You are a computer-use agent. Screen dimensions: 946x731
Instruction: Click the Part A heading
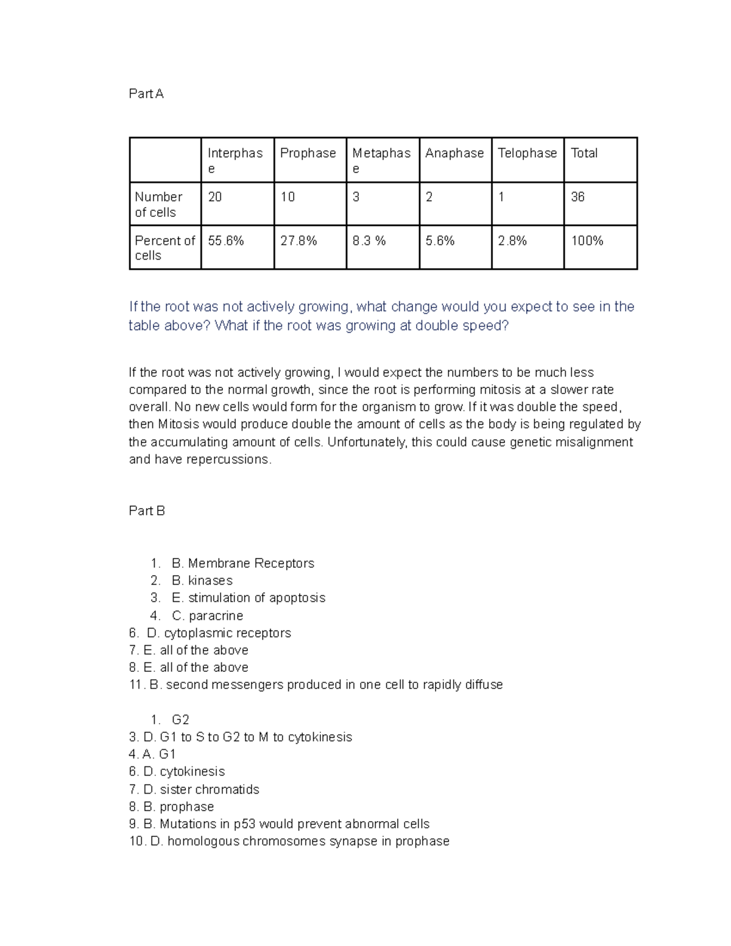(x=146, y=94)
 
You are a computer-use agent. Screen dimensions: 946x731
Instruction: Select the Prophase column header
(x=308, y=154)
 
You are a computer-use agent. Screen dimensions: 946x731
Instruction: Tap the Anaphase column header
(x=454, y=154)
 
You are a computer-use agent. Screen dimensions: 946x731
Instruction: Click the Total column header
(x=584, y=154)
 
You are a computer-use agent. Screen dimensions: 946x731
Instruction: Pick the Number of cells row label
(x=158, y=205)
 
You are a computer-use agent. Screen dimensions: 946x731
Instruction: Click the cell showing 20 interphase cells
(x=215, y=197)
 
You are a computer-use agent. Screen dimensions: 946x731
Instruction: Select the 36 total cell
(x=577, y=197)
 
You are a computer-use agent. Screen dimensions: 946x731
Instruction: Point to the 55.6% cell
(x=226, y=241)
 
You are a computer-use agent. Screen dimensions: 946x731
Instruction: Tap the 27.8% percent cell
(x=298, y=241)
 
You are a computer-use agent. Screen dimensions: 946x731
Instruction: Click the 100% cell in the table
(x=587, y=241)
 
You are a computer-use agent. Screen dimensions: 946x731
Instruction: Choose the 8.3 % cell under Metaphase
(x=369, y=241)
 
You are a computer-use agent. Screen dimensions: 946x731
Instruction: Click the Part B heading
(x=147, y=511)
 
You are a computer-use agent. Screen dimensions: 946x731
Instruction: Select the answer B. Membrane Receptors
(x=243, y=563)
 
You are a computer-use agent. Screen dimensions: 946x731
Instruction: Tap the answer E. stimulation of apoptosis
(x=249, y=598)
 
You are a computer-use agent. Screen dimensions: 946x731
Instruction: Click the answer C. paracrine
(x=207, y=616)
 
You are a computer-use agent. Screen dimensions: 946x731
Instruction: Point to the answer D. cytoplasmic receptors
(x=219, y=634)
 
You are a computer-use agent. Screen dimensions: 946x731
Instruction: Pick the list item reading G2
(x=180, y=720)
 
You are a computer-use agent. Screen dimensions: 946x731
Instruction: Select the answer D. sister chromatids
(x=201, y=790)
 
